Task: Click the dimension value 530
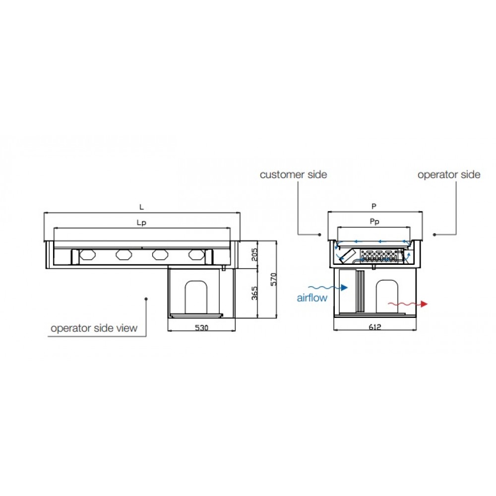(x=201, y=328)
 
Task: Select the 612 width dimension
(x=375, y=328)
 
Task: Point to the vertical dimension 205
(x=253, y=255)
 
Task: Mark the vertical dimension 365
(x=253, y=294)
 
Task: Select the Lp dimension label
(x=141, y=223)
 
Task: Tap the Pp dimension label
(x=375, y=222)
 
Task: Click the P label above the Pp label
(x=374, y=205)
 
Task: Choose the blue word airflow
(x=311, y=298)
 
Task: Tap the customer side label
(x=293, y=175)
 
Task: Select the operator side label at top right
(x=448, y=175)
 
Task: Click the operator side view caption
(x=94, y=328)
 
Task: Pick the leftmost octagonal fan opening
(x=87, y=255)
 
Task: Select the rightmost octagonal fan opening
(x=196, y=255)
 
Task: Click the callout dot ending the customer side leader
(x=320, y=234)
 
